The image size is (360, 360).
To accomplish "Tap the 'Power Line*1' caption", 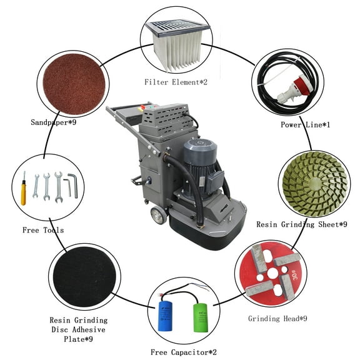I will (x=306, y=125).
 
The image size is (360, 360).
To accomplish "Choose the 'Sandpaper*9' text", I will (x=59, y=122).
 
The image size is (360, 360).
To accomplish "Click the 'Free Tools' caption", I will (x=43, y=230).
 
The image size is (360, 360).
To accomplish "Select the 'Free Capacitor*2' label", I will (x=184, y=352).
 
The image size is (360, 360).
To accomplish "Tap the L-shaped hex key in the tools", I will (x=73, y=185).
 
